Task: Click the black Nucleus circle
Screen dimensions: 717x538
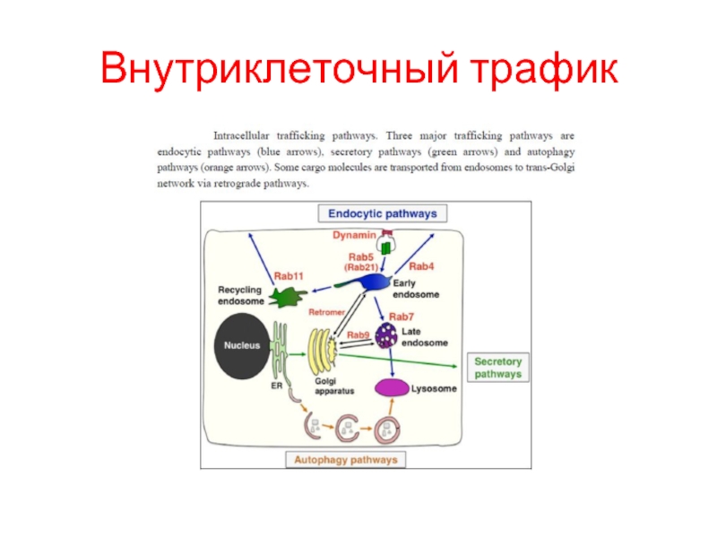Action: (241, 346)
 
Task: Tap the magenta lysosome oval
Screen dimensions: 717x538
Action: (392, 388)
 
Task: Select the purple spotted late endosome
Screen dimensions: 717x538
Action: (386, 335)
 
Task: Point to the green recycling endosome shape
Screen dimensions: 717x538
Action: (287, 297)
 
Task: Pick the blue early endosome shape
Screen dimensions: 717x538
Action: (366, 282)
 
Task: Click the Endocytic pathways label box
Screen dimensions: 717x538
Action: (383, 213)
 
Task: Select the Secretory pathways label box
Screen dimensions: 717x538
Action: (498, 368)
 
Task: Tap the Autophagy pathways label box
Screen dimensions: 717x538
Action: (346, 460)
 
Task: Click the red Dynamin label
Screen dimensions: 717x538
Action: (354, 235)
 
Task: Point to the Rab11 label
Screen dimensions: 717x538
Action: (289, 276)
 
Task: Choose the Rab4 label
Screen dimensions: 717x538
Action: (421, 266)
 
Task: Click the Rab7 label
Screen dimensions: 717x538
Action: (401, 317)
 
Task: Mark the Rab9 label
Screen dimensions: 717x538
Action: (358, 334)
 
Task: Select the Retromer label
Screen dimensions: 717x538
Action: (326, 312)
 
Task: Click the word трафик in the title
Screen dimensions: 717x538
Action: (544, 69)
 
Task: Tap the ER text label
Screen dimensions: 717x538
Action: (277, 386)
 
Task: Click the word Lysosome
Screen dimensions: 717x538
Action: (434, 389)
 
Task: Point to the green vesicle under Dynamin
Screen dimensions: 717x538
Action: (386, 247)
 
